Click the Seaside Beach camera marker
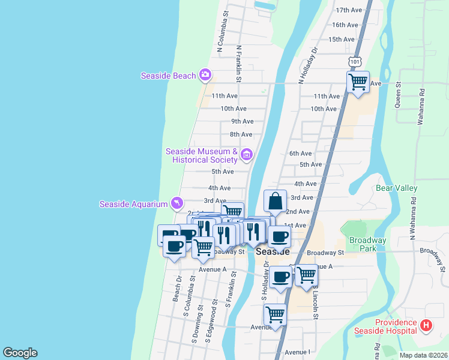tap(205, 75)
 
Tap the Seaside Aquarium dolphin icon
tap(177, 204)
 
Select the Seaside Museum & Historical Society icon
tap(246, 155)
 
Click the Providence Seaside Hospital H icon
tap(426, 326)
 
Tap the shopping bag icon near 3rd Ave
tap(275, 200)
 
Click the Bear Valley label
tap(396, 188)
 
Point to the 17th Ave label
tap(349, 10)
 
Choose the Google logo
tap(20, 353)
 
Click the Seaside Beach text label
tap(168, 76)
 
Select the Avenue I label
tap(297, 352)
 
